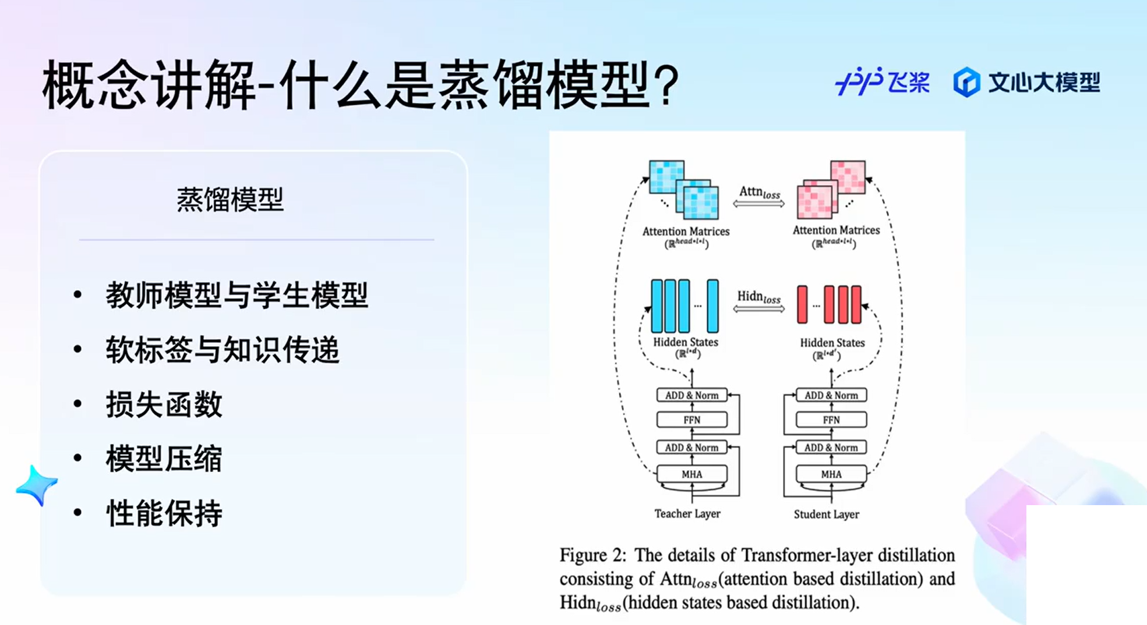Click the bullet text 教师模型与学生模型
tap(237, 295)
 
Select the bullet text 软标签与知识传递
tap(222, 350)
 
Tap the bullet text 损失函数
tap(164, 404)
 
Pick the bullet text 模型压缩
tap(164, 459)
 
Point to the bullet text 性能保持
tap(164, 513)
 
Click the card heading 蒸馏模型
tap(230, 200)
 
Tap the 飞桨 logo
tap(882, 81)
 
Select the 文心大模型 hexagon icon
tap(966, 82)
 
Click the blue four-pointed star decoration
tap(37, 484)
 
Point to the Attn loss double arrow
tap(758, 204)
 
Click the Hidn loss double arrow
tap(758, 308)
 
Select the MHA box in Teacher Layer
tap(691, 474)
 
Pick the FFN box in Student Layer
tap(831, 420)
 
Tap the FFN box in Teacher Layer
tap(691, 420)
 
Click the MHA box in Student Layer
tap(831, 474)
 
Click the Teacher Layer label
tap(687, 514)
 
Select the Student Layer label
tap(826, 514)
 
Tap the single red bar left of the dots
tap(802, 304)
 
